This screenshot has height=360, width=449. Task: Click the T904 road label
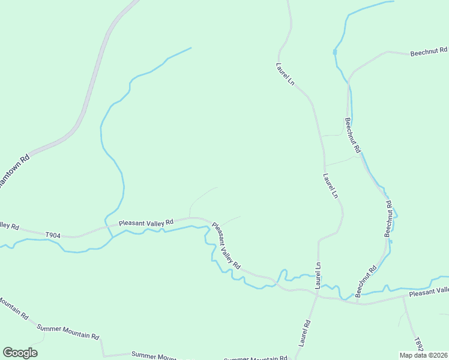[x=53, y=235]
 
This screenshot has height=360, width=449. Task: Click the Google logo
[x=20, y=353]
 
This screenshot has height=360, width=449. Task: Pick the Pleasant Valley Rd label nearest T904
[x=146, y=223]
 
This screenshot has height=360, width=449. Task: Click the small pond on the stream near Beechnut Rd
[x=335, y=52]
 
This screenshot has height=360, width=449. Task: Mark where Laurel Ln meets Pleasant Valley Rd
[x=316, y=292]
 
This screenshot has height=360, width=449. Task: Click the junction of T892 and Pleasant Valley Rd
[x=403, y=296]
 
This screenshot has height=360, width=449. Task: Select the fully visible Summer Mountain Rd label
[x=68, y=332]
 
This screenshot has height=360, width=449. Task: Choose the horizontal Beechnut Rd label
[x=429, y=52]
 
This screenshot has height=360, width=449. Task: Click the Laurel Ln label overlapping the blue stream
[x=318, y=274]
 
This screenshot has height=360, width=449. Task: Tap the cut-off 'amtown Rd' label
[x=13, y=172]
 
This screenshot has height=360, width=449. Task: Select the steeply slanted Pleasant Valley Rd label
[x=226, y=245]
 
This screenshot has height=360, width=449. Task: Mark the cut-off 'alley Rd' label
[x=10, y=226]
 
